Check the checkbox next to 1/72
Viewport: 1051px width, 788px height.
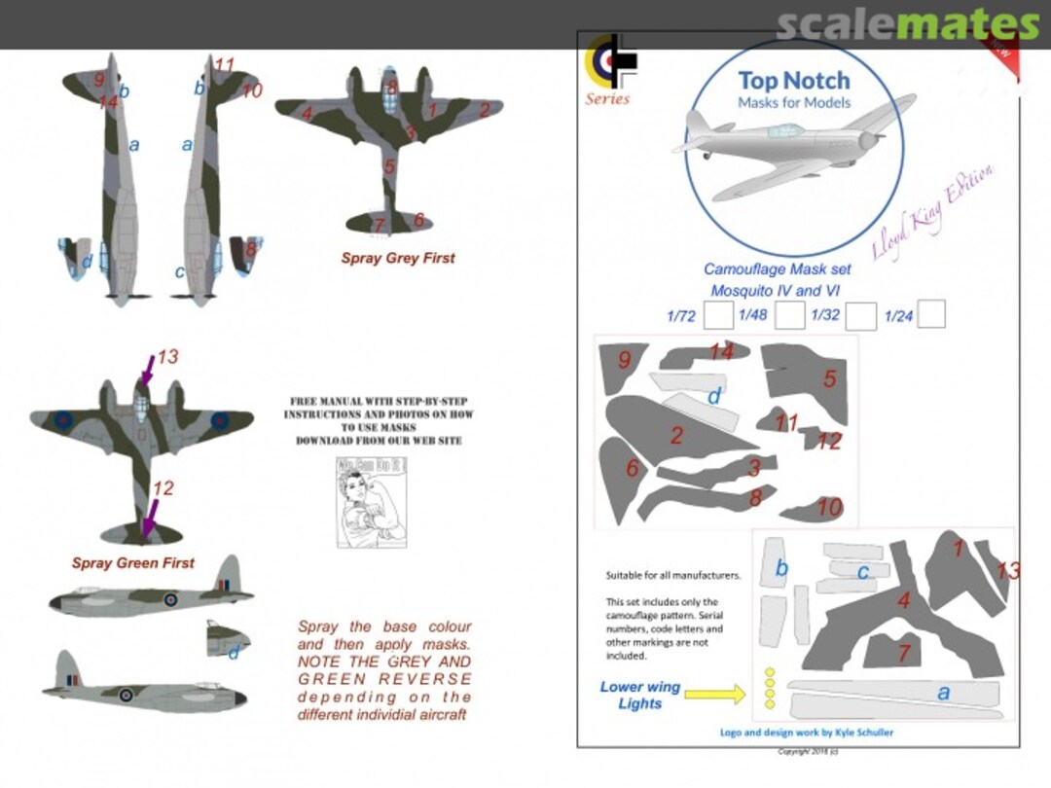click(718, 315)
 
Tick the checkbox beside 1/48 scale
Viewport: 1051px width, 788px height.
click(790, 315)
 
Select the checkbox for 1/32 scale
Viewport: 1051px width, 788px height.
click(860, 316)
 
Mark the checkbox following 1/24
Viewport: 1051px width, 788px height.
click(931, 314)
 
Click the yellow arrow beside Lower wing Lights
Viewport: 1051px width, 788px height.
click(714, 694)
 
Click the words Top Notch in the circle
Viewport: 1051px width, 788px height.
click(793, 81)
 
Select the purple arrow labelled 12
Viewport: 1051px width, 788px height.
click(149, 516)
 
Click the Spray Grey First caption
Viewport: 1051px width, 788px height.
click(397, 259)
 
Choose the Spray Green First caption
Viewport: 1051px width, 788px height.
click(132, 563)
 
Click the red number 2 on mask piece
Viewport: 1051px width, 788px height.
click(676, 435)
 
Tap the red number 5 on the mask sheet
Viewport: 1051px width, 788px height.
click(829, 379)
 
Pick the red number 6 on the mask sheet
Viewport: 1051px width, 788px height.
click(632, 469)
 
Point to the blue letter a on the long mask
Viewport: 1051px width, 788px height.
click(942, 693)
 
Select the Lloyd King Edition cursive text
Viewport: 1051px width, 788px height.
click(931, 211)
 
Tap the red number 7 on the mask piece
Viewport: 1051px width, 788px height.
click(903, 653)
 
